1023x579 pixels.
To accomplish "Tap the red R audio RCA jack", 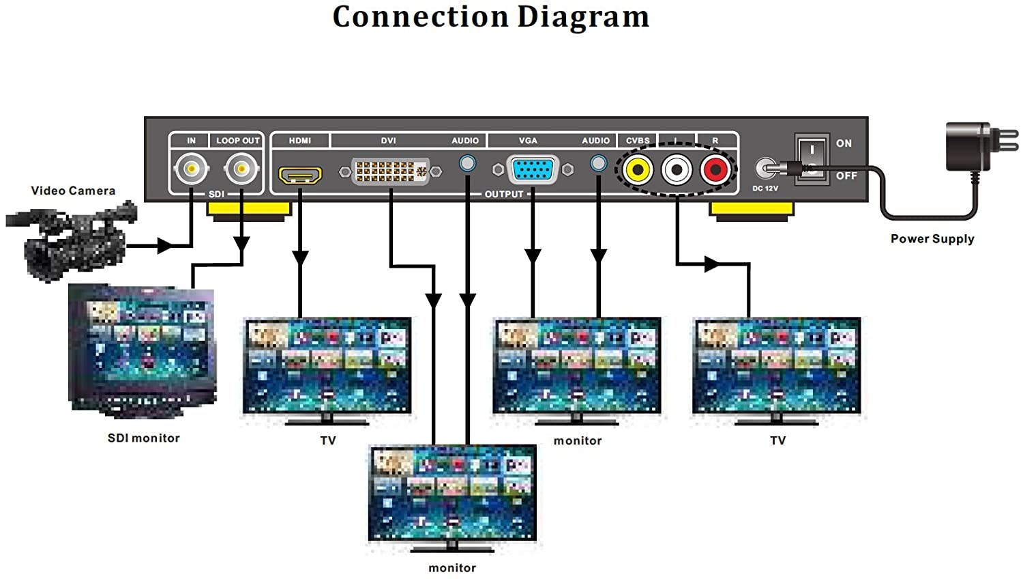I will pos(715,169).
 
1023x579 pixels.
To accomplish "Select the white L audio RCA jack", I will pos(677,169).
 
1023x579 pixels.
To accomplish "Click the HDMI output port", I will pos(300,175).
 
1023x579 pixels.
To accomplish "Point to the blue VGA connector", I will pos(533,169).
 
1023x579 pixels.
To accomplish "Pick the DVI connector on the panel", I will pos(390,171).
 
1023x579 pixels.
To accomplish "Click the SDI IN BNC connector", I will pos(191,168).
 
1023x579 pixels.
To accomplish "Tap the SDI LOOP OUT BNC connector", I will pos(241,168).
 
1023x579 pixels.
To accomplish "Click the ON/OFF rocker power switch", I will pos(812,158).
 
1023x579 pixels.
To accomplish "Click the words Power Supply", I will pos(932,239).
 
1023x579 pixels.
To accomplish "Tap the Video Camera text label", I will pos(73,191).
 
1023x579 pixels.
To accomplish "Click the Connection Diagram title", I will pos(490,17).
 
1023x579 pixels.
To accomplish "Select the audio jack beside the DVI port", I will pos(467,164).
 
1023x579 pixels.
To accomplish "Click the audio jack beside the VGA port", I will pos(598,164).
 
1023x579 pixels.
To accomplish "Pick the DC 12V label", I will pos(765,188).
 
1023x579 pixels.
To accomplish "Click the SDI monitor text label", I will pos(144,438).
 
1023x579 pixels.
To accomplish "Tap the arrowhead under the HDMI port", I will pos(300,257).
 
